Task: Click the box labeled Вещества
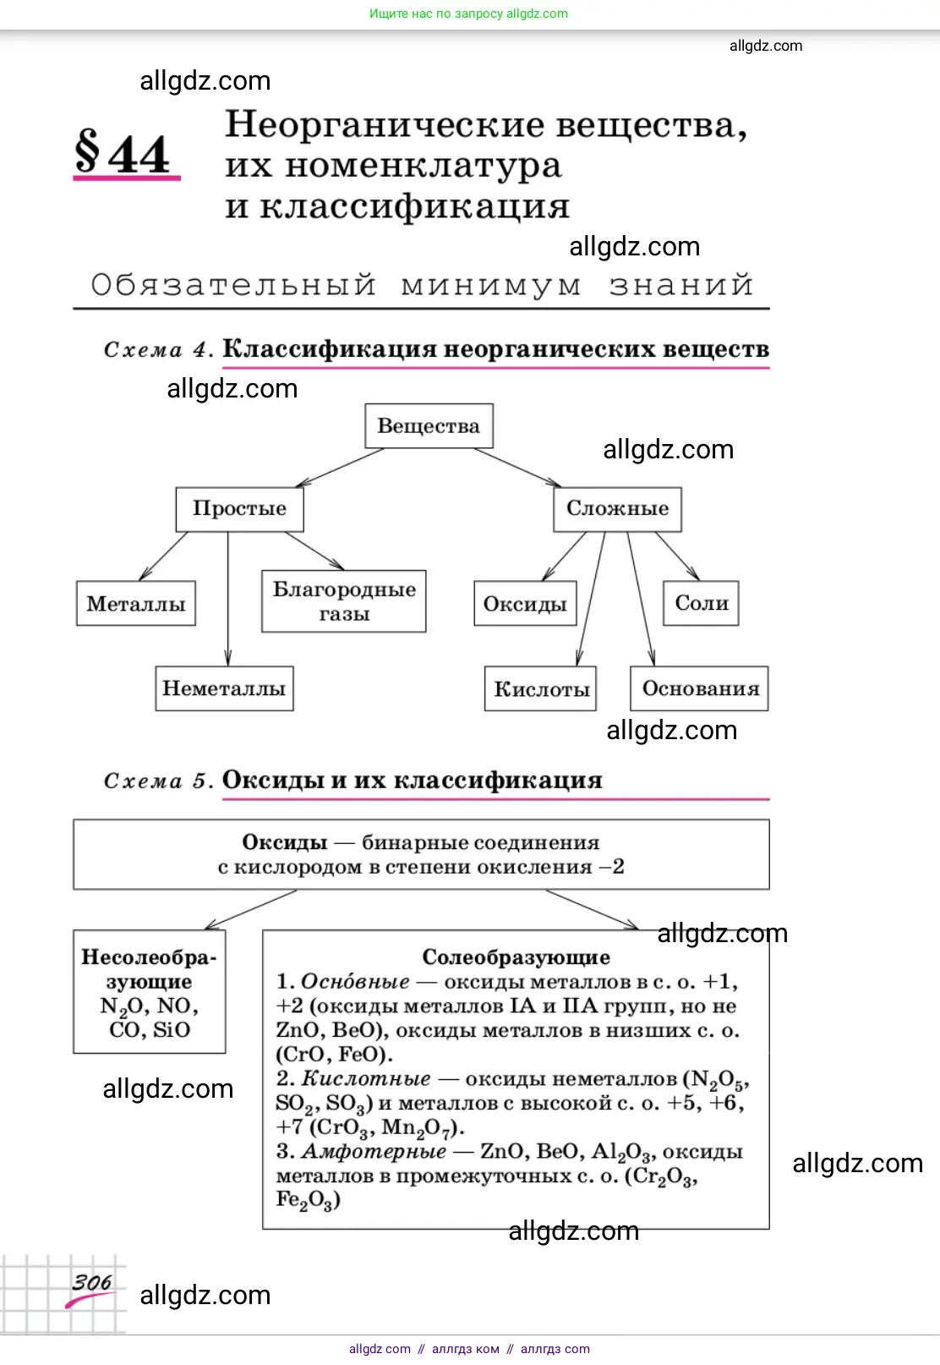pyautogui.click(x=429, y=426)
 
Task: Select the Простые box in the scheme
pyautogui.click(x=239, y=508)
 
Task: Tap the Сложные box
pyautogui.click(x=617, y=508)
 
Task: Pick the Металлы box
pyautogui.click(x=136, y=603)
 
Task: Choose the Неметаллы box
pyautogui.click(x=224, y=688)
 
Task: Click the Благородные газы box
pyautogui.click(x=344, y=601)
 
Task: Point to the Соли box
pyautogui.click(x=701, y=603)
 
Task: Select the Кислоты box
pyautogui.click(x=541, y=689)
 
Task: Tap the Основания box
pyautogui.click(x=700, y=688)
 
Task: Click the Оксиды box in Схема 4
pyautogui.click(x=525, y=603)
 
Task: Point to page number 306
pyautogui.click(x=91, y=1283)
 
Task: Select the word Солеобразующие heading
pyautogui.click(x=516, y=957)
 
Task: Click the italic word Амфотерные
pyautogui.click(x=374, y=1152)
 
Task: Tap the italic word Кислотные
pyautogui.click(x=366, y=1079)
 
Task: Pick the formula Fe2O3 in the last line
pyautogui.click(x=308, y=1200)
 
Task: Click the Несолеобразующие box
pyautogui.click(x=150, y=991)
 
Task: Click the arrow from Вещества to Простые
pyautogui.click(x=340, y=468)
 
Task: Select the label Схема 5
pyautogui.click(x=156, y=781)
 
